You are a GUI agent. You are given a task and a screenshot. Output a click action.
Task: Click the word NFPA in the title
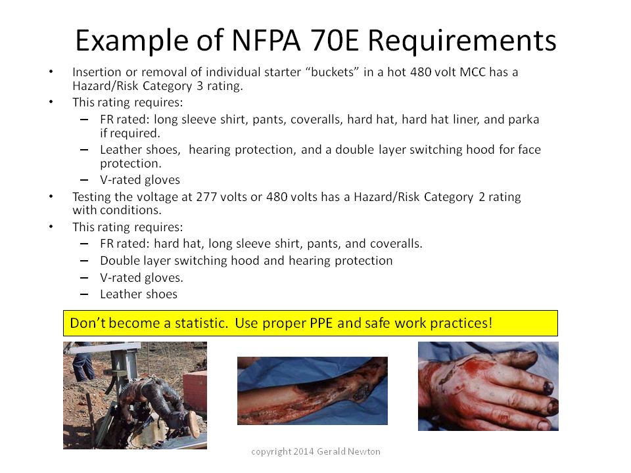pyautogui.click(x=266, y=40)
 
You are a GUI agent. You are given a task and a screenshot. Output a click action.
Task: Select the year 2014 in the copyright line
pyautogui.click(x=304, y=452)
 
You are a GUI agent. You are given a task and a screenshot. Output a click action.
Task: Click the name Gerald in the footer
pyautogui.click(x=331, y=452)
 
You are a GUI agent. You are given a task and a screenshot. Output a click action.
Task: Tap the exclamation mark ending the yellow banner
pyautogui.click(x=490, y=323)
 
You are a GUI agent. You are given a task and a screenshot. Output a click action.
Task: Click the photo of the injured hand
pyautogui.click(x=488, y=386)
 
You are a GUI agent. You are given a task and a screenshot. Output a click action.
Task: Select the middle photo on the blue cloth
pyautogui.click(x=312, y=390)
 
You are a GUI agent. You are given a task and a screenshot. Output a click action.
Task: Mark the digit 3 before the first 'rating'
pyautogui.click(x=200, y=86)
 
